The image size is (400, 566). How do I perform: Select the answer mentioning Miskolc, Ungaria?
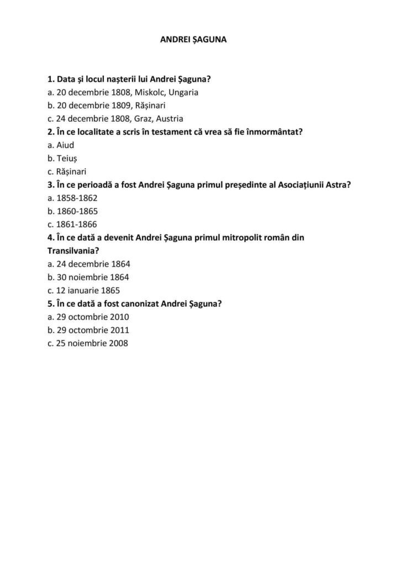coord(123,92)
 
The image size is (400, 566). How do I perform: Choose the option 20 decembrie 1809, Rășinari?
coord(107,106)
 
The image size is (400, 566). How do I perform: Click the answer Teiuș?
coord(62,159)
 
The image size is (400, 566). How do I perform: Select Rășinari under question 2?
coord(67,172)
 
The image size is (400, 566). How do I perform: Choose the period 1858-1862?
coord(72,198)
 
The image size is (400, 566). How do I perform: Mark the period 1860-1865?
coord(72,211)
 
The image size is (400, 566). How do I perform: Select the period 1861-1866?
coord(72,224)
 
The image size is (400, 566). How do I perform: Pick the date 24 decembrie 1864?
coord(89,264)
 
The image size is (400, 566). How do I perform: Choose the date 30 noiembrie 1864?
coord(88,277)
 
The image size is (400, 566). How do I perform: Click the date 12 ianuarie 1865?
coord(84,291)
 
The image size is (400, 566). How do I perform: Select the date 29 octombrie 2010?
coord(88,317)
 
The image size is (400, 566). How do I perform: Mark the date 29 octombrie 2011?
coord(88,331)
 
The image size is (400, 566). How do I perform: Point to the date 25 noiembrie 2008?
coord(88,344)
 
